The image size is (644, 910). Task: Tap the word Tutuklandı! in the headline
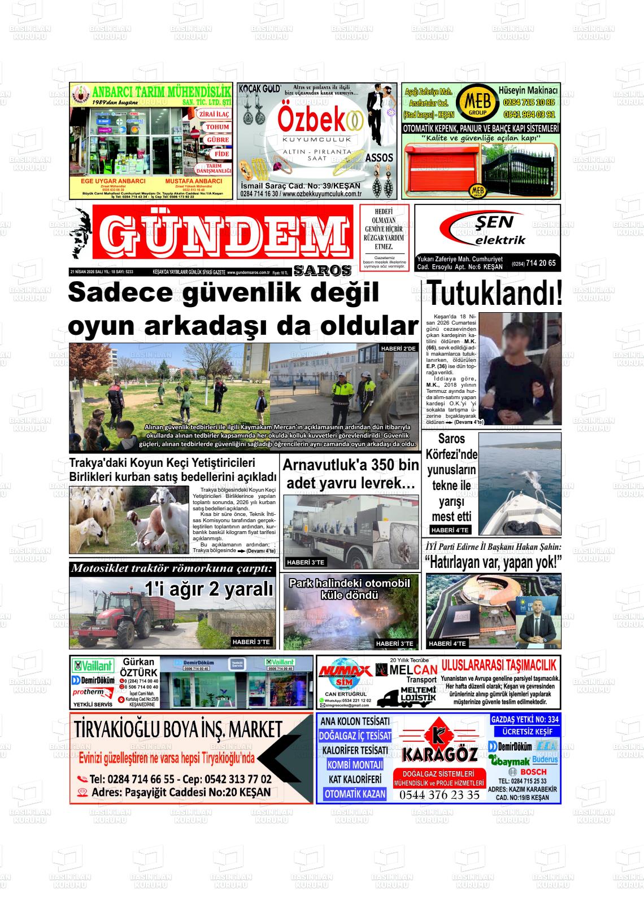pos(494,294)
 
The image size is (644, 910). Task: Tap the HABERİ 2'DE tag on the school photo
pos(398,348)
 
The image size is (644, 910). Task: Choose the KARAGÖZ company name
pos(440,753)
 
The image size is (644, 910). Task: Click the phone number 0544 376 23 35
pos(439,795)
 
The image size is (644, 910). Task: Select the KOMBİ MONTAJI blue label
pos(354,765)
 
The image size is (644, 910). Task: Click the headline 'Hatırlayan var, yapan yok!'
pos(493,562)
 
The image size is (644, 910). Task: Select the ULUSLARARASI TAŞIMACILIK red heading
pos(499,666)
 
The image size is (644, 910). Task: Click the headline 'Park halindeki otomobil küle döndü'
pos(349,589)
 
